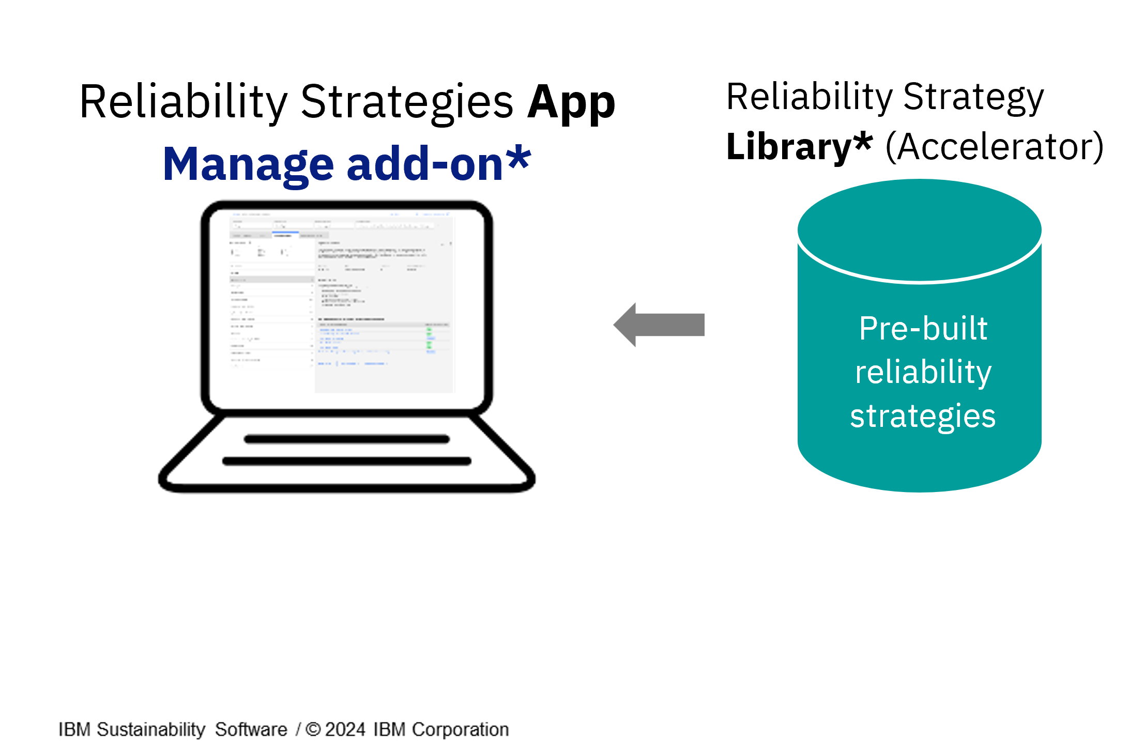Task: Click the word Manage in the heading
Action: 248,164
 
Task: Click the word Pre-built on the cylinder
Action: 923,328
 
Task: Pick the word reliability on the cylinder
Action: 923,372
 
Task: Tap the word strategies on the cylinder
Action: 923,416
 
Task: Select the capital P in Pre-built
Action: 868,328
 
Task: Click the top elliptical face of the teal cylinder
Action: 919,230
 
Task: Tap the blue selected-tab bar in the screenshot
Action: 285,233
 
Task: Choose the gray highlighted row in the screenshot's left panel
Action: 271,280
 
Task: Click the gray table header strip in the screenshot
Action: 383,325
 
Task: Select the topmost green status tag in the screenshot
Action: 429,329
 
